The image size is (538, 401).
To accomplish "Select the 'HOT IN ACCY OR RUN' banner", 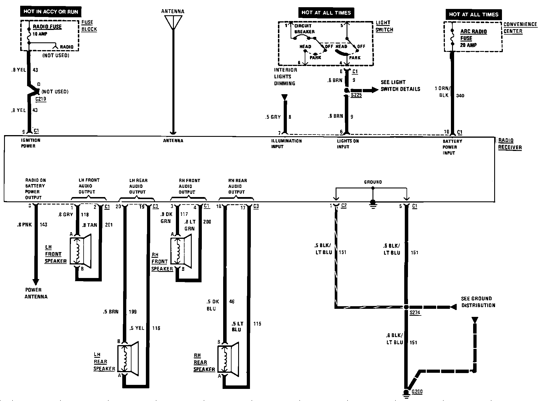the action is click(50, 12).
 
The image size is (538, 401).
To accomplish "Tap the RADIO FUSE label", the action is click(47, 27).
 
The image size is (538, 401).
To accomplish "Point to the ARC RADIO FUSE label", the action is click(473, 35).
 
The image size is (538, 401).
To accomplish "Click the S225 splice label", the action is click(356, 95).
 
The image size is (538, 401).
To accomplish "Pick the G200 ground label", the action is click(417, 392).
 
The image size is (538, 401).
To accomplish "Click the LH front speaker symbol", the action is click(80, 251).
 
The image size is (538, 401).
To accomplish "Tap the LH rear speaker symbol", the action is click(128, 358).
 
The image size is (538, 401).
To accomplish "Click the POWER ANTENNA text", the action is click(36, 293).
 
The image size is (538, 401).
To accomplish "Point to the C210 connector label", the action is click(41, 99).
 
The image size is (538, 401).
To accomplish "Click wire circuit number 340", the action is click(460, 96).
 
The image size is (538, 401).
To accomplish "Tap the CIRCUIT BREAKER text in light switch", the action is click(304, 29).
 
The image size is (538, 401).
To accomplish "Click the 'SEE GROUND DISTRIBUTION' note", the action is click(478, 302).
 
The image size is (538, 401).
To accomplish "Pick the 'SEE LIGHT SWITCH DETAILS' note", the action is click(400, 86).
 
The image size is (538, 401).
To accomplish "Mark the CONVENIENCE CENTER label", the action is click(520, 28).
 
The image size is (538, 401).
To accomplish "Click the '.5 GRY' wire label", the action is click(273, 117).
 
